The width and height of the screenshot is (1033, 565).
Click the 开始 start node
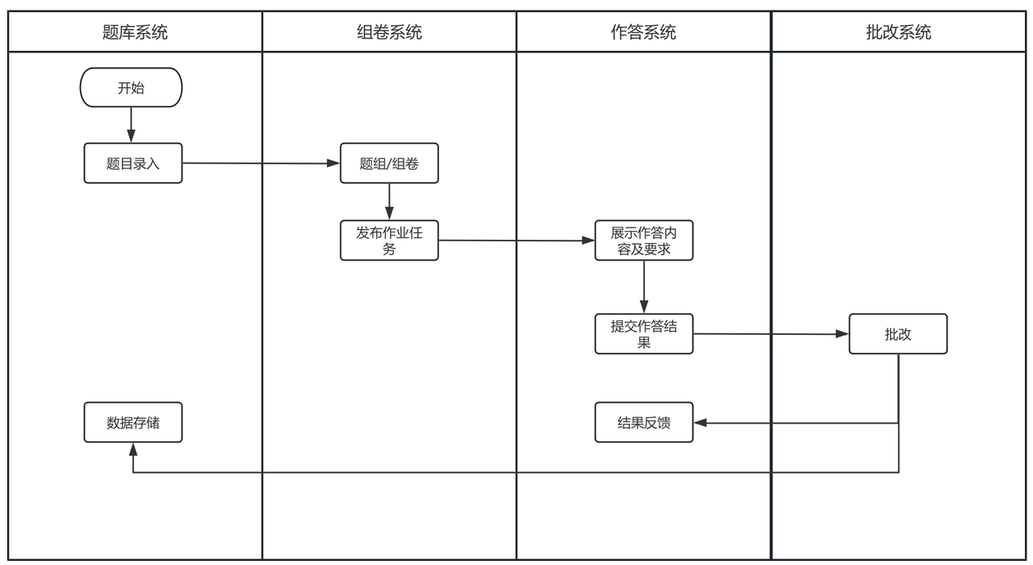(x=131, y=87)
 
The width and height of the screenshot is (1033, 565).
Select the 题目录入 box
(x=133, y=163)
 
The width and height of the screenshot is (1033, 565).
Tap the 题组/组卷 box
(x=389, y=163)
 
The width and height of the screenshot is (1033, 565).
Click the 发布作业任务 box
(x=389, y=240)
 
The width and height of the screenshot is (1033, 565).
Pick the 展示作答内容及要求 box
(x=644, y=240)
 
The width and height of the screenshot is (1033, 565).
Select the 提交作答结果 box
(x=644, y=333)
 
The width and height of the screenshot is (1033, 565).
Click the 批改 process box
(x=897, y=333)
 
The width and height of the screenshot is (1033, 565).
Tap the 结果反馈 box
(x=644, y=422)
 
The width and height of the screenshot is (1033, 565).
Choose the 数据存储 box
(x=133, y=422)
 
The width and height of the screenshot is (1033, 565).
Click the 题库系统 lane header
(x=135, y=32)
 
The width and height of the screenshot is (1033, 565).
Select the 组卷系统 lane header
(x=389, y=32)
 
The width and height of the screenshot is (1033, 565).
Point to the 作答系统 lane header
(x=643, y=32)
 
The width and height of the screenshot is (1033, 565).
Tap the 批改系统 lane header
(x=898, y=32)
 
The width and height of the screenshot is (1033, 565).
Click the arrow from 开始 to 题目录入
(x=131, y=124)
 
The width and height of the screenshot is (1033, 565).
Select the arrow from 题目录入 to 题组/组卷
(x=258, y=163)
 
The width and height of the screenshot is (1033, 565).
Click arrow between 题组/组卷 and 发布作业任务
(x=389, y=201)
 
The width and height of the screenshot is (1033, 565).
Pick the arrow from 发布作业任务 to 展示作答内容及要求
(x=516, y=241)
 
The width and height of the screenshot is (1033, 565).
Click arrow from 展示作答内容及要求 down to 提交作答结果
(x=644, y=287)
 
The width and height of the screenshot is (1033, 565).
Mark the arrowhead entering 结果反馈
(x=700, y=422)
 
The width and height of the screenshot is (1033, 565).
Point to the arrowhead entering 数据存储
(x=133, y=448)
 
